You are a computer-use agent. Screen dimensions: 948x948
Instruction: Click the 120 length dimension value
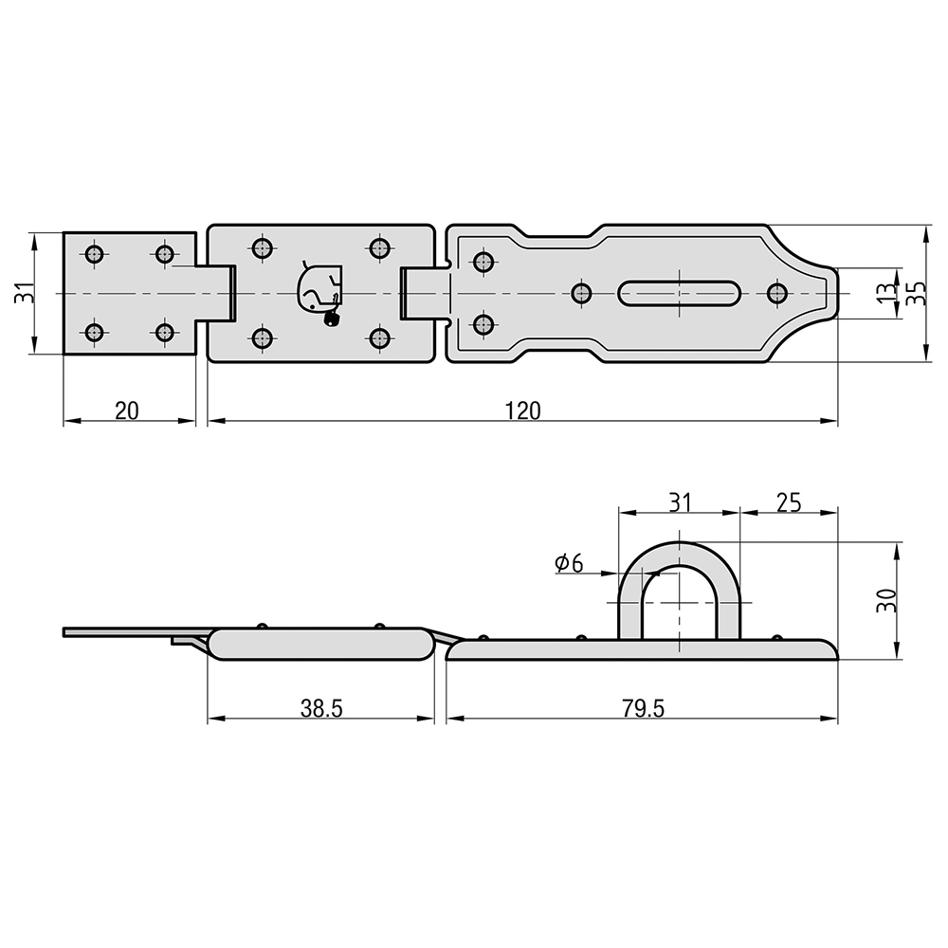coord(523,411)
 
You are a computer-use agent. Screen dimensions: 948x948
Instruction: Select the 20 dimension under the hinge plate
coord(127,411)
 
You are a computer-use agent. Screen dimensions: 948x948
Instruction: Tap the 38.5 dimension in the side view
coord(321,708)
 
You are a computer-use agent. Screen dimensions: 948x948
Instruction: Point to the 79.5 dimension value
coord(643,708)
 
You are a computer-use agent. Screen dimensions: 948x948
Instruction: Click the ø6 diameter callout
coord(569,563)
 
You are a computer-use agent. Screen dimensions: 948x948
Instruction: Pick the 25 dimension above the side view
coord(789,502)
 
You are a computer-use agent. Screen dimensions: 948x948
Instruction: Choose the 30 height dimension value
coord(887,600)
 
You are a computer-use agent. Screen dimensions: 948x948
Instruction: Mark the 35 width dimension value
coord(917,293)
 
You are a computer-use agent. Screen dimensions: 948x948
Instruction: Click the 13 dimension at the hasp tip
coord(887,293)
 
